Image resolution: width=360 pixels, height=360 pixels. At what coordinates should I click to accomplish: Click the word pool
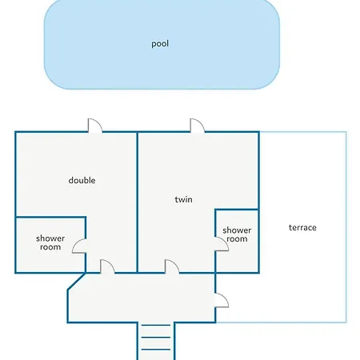point(160,44)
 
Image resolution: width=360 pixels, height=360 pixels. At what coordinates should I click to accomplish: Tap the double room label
point(82,180)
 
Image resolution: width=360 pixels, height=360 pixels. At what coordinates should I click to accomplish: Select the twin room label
point(183,199)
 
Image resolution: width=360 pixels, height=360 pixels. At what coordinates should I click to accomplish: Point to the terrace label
point(302,227)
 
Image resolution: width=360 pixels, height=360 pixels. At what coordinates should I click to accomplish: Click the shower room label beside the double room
point(50,242)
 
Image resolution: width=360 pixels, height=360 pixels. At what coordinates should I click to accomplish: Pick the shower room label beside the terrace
point(237,234)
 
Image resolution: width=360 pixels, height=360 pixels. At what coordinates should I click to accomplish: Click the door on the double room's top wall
point(95,126)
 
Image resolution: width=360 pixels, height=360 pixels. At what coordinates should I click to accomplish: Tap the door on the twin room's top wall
point(198,126)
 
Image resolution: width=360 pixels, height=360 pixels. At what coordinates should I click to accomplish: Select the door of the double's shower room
point(79,246)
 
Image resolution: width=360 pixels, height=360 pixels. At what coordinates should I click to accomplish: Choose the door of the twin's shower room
point(222,244)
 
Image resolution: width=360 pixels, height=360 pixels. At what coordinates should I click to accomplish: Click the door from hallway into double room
point(107,266)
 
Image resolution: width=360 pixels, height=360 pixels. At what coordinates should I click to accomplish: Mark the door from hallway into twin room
point(172,266)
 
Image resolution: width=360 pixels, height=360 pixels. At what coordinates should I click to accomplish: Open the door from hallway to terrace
point(222,300)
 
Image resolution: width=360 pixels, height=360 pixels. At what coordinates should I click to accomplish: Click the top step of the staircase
point(156,325)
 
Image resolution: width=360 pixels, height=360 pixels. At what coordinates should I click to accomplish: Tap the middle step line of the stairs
point(156,338)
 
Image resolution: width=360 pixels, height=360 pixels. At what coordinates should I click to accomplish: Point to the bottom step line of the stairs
point(156,350)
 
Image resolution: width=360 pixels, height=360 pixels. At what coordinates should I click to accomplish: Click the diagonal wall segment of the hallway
point(77,281)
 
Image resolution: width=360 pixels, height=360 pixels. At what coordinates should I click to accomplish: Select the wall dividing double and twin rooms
point(138,202)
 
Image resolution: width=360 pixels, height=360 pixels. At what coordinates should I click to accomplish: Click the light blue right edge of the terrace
point(346,227)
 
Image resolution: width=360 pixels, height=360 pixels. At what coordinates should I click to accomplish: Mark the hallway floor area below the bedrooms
point(142,298)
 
